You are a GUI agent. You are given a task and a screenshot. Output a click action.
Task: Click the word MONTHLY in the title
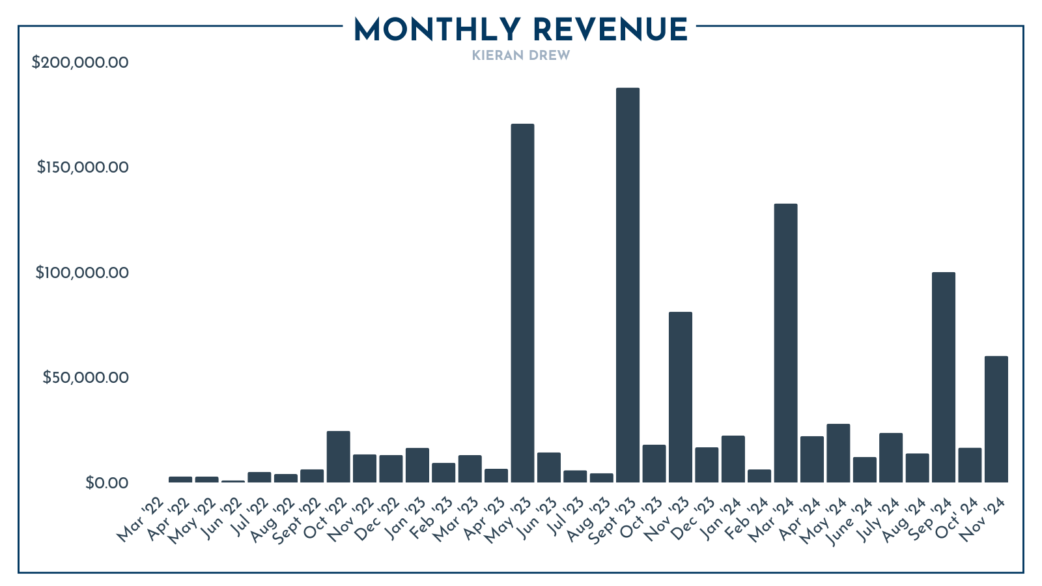coord(437,30)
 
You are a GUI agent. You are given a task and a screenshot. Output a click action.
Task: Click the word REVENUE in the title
coord(610,30)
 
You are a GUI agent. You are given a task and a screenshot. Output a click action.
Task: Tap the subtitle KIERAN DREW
coord(520,55)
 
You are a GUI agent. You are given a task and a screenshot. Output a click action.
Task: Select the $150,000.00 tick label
coord(83,167)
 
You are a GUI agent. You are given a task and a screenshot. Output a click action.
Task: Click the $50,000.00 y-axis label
coord(85,378)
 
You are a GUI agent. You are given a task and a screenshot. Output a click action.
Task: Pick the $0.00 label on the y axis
coord(107,483)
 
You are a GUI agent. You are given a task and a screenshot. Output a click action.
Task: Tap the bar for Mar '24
coord(785,343)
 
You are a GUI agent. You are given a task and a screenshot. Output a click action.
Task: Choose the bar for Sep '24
coord(944,377)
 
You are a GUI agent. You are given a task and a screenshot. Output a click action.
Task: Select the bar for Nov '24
coord(996,419)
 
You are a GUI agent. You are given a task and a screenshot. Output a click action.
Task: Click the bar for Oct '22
coord(338,456)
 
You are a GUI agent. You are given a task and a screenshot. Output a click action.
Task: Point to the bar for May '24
coord(838,453)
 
